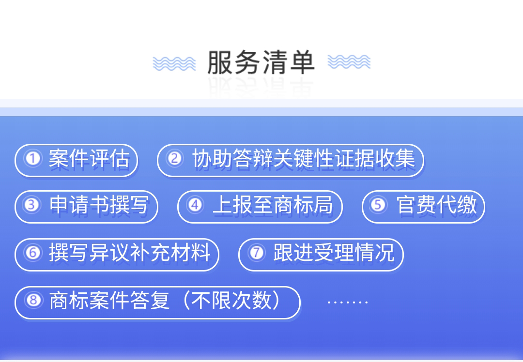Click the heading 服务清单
(x=261, y=62)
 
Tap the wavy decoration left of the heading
(x=174, y=63)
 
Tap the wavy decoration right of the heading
(x=349, y=61)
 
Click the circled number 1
(x=33, y=158)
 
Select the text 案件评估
(x=89, y=158)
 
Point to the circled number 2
(x=175, y=158)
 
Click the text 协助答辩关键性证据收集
(x=304, y=158)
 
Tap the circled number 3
(x=32, y=205)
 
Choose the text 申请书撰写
(x=99, y=204)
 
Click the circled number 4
(x=195, y=205)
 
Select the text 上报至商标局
(x=273, y=204)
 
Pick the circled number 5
(x=378, y=205)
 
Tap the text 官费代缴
(x=437, y=204)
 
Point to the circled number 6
(x=33, y=253)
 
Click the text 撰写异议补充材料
(x=130, y=252)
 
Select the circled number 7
(x=257, y=253)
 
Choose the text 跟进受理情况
(x=334, y=252)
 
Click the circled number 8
(x=33, y=301)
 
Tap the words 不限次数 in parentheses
(x=231, y=300)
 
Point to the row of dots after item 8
(x=348, y=302)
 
